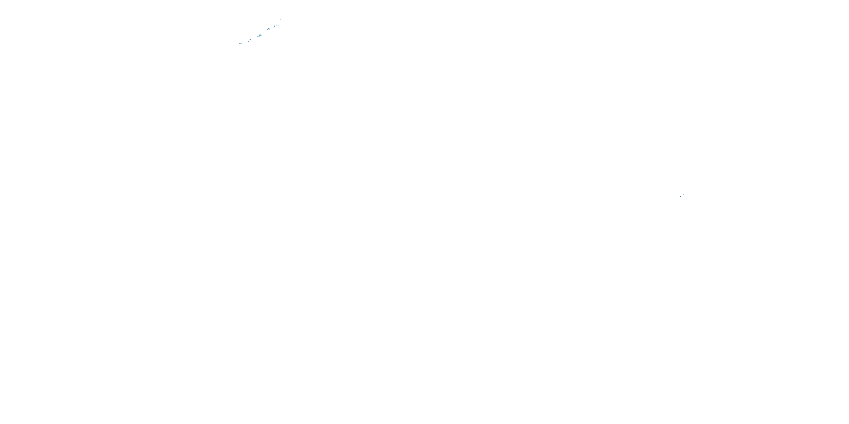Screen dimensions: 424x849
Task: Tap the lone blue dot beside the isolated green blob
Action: [x=681, y=196]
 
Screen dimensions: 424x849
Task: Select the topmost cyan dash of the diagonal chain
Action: [x=280, y=20]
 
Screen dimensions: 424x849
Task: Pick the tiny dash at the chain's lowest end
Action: [x=232, y=49]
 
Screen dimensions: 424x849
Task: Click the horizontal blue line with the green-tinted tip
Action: [x=240, y=44]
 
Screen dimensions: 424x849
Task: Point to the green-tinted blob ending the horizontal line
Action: [x=242, y=44]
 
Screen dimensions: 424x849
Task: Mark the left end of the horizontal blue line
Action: [x=239, y=44]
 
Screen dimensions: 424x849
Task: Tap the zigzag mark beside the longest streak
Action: [x=261, y=36]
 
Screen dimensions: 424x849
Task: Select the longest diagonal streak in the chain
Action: [x=260, y=35]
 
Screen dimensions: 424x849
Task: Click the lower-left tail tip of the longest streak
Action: [x=258, y=37]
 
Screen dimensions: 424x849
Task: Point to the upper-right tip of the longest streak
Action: [x=261, y=34]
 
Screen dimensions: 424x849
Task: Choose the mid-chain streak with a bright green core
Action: [x=268, y=29]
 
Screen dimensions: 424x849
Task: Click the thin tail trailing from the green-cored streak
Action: [x=267, y=31]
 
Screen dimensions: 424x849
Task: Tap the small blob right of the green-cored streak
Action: [x=270, y=29]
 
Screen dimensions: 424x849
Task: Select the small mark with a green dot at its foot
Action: [x=276, y=25]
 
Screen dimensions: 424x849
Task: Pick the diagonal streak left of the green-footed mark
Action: [x=274, y=26]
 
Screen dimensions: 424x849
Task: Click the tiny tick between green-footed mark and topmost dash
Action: [x=279, y=25]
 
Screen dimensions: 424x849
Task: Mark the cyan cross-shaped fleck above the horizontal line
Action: [x=250, y=40]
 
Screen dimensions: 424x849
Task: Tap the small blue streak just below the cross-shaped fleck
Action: [x=248, y=42]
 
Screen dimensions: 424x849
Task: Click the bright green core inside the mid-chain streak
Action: [x=268, y=29]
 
